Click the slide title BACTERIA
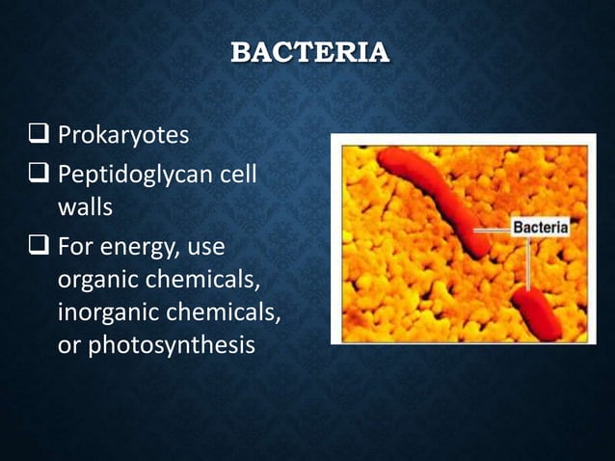tap(309, 51)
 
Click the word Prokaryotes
tap(122, 135)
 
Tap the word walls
tap(85, 206)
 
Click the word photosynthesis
tap(171, 344)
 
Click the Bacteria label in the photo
tap(541, 229)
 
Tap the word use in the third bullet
tap(205, 249)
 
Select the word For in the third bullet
tap(77, 248)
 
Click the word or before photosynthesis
tap(69, 344)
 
